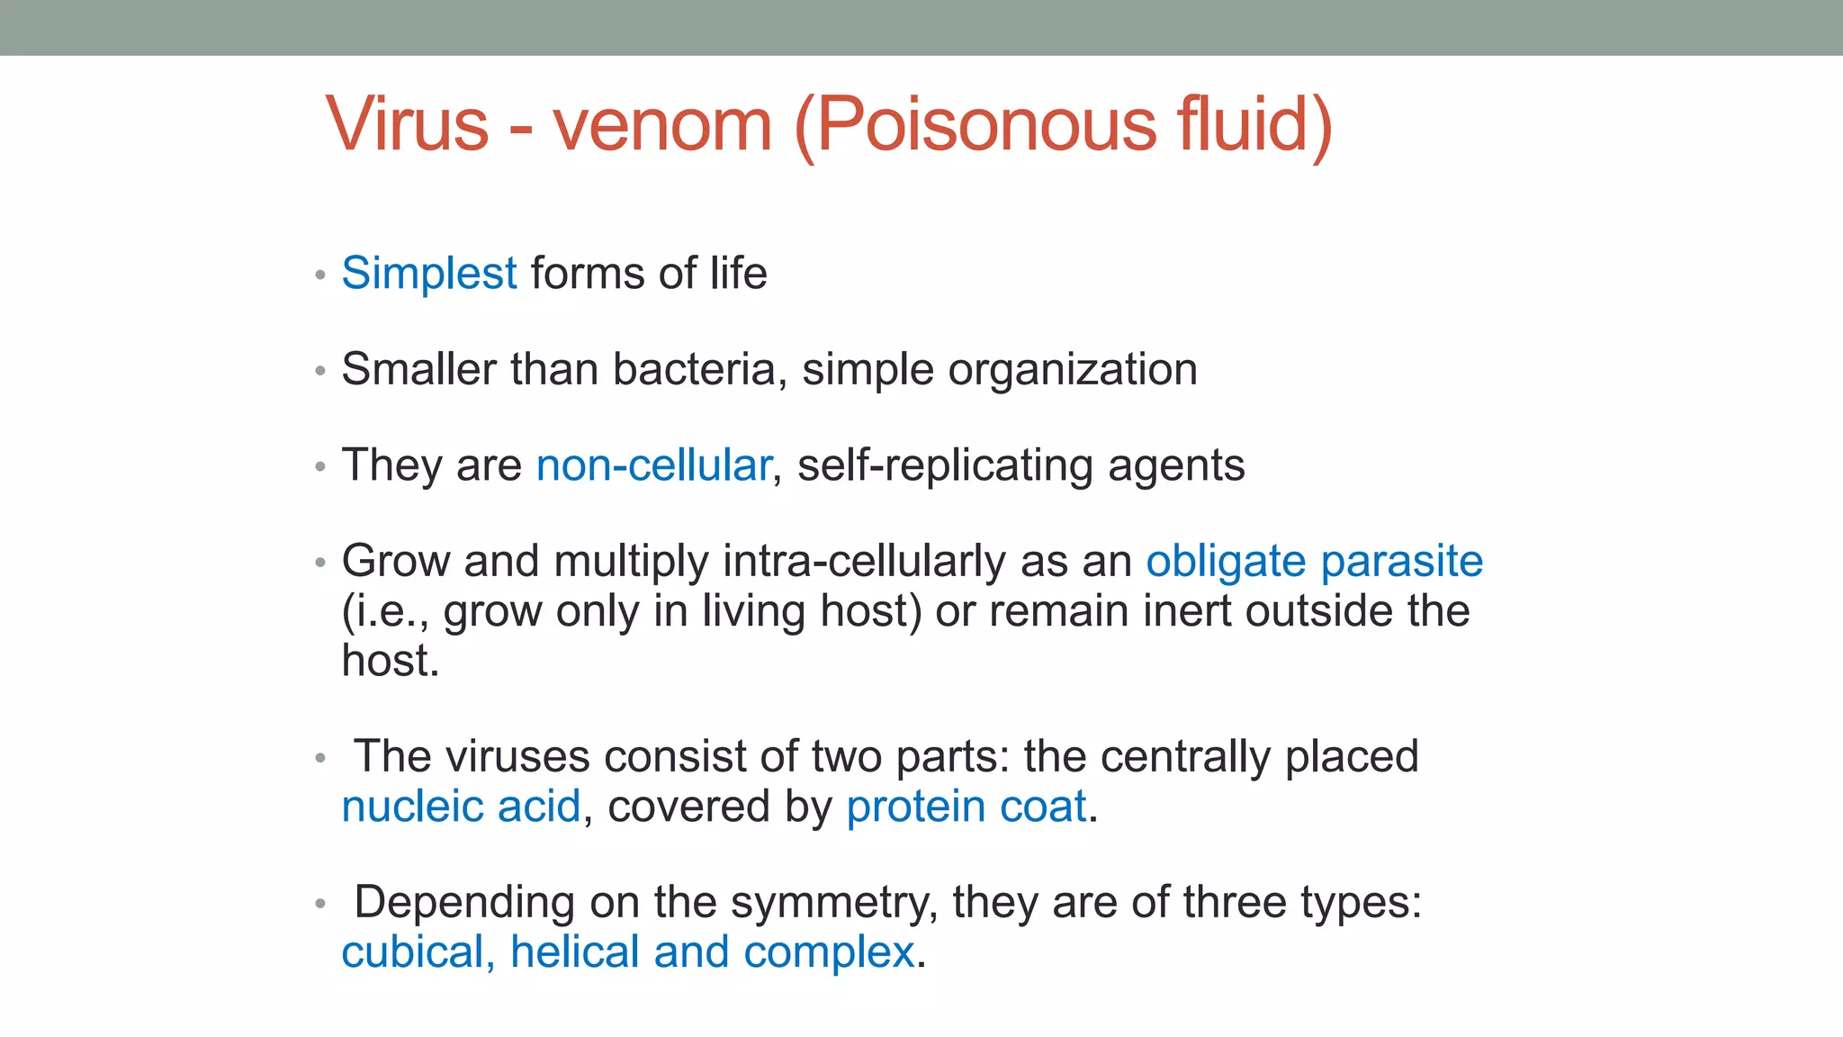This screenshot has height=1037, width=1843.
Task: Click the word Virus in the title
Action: [407, 124]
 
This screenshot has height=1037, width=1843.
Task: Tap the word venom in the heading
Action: [662, 124]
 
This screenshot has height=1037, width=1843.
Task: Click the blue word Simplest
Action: [429, 274]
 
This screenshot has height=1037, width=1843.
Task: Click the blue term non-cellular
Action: [653, 465]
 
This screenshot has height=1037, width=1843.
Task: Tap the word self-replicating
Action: [945, 466]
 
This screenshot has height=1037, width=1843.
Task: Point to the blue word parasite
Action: [1401, 562]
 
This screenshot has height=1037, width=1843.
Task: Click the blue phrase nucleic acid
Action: [461, 807]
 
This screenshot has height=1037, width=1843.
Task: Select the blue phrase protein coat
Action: [966, 807]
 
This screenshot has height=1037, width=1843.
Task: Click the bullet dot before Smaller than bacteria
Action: [319, 371]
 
